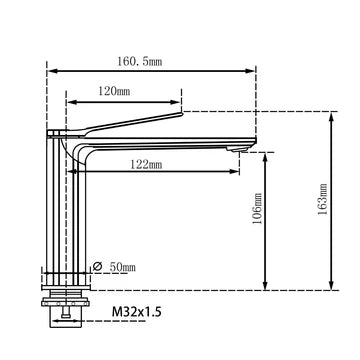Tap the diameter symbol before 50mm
(x=98, y=266)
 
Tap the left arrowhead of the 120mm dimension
(x=69, y=101)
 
